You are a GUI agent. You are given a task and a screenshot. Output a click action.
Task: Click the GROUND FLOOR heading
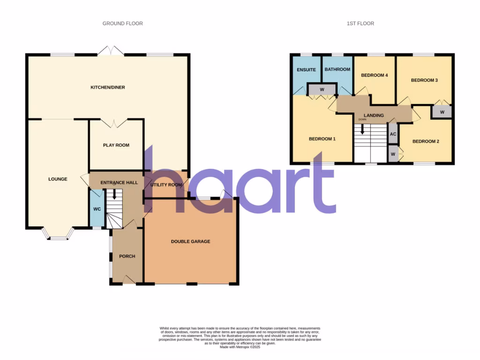(x=123, y=23)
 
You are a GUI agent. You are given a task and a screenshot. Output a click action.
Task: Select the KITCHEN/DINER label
(x=108, y=87)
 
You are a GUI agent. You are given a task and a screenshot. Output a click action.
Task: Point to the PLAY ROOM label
(x=116, y=145)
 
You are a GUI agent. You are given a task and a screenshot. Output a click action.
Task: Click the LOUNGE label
(x=58, y=179)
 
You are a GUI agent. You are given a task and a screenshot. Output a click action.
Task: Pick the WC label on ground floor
(x=97, y=209)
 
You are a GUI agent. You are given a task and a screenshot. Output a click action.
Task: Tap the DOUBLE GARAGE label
(x=190, y=241)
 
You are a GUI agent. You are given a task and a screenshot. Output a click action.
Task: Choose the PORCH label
(x=127, y=256)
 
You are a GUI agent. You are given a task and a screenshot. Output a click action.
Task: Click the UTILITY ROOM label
(x=165, y=185)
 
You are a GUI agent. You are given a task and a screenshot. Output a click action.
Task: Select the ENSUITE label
(x=306, y=70)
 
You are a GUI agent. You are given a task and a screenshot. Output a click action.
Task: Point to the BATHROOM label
(x=337, y=69)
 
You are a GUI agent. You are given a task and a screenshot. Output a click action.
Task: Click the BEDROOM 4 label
(x=375, y=75)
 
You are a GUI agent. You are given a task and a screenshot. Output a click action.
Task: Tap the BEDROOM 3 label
(x=424, y=80)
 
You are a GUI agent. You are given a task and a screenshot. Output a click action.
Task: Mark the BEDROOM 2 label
(x=426, y=142)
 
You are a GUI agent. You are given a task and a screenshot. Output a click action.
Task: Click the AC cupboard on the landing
(x=393, y=134)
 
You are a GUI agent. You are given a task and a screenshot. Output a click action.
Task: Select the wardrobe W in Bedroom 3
(x=442, y=112)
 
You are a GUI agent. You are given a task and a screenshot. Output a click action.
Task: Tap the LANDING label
(x=374, y=115)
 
